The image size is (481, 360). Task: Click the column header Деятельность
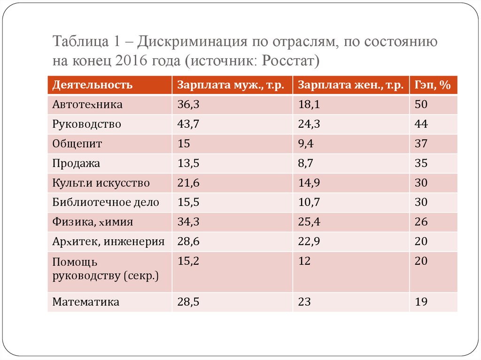(93, 85)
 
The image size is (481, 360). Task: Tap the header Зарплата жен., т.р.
(350, 85)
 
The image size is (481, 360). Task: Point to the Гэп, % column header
(432, 85)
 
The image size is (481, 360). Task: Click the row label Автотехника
(87, 105)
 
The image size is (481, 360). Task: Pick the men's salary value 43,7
(188, 124)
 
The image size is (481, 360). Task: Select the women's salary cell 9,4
(306, 144)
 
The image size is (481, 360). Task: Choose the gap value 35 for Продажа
(421, 164)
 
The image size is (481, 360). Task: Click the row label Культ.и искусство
(101, 183)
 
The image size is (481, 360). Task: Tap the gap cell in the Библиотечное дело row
(421, 203)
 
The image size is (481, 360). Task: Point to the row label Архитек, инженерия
(109, 242)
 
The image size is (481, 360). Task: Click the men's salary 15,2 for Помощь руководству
(188, 261)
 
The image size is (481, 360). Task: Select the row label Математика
(85, 302)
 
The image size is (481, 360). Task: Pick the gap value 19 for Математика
(421, 302)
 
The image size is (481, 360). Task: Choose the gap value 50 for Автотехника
(421, 105)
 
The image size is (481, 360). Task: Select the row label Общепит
(77, 144)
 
